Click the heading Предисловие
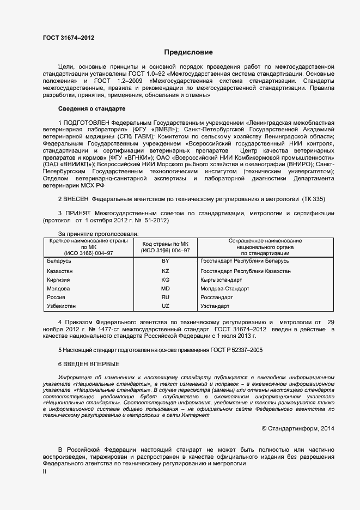click(188, 52)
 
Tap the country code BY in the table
click(166, 262)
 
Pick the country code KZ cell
click(166, 271)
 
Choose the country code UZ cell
click(166, 307)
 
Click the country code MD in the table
click(166, 289)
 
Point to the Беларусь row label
click(59, 262)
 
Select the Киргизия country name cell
click(60, 280)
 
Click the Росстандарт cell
click(216, 297)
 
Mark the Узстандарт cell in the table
click(216, 307)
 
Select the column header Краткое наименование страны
click(88, 240)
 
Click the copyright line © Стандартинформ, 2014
click(298, 429)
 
